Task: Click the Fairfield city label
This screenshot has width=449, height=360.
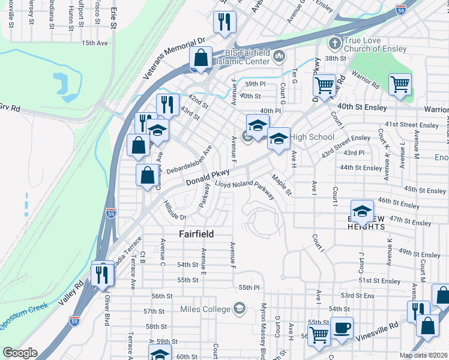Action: tap(197, 233)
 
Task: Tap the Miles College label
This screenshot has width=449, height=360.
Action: tap(205, 309)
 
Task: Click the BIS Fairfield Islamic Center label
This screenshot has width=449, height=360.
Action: tap(240, 57)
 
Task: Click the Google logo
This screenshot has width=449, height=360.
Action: tap(20, 353)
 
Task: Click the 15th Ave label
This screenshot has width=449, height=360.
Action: tap(95, 43)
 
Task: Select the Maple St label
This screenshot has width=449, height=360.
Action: tap(281, 185)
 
